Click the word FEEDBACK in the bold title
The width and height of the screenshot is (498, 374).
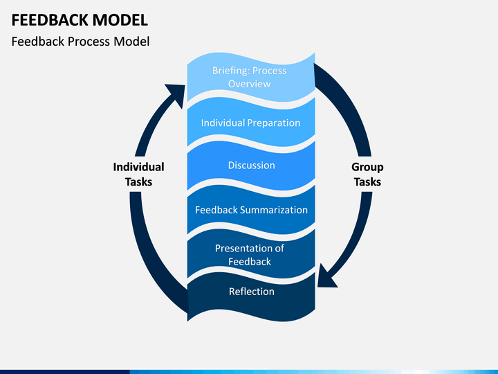[x=50, y=20]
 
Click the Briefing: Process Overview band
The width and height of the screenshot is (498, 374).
[x=251, y=78]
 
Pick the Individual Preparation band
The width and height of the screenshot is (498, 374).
[x=251, y=123]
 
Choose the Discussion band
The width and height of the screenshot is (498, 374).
[x=251, y=166]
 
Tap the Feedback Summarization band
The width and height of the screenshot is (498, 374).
[x=251, y=210]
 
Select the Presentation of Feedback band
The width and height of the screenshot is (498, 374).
[x=251, y=254]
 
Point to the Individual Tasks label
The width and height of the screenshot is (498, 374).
[x=138, y=175]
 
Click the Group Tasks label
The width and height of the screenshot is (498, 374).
[x=367, y=175]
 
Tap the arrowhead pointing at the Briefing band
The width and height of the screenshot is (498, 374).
[x=176, y=93]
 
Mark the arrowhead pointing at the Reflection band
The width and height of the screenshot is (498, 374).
[x=326, y=276]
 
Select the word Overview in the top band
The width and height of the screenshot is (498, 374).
[x=249, y=84]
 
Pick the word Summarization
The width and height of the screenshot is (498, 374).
[x=274, y=210]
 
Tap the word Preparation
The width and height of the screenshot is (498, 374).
[x=273, y=123]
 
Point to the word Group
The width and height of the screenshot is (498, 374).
[x=367, y=168]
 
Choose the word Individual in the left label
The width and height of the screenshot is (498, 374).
[x=138, y=167]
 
